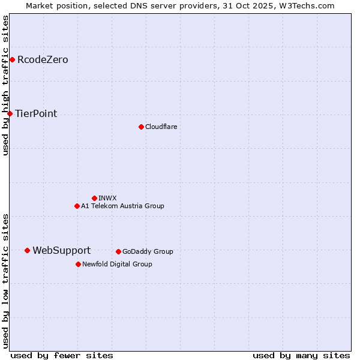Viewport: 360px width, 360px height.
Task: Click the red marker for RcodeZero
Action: pyautogui.click(x=12, y=59)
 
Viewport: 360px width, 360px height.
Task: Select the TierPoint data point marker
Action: pyautogui.click(x=10, y=113)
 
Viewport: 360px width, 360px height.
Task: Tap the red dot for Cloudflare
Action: pyautogui.click(x=141, y=127)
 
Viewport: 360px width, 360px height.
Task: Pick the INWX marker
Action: pyautogui.click(x=94, y=198)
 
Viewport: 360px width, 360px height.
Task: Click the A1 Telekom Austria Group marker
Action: pyautogui.click(x=77, y=206)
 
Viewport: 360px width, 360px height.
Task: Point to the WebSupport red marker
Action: pyautogui.click(x=27, y=250)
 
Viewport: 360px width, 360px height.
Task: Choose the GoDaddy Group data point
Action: pyautogui.click(x=118, y=251)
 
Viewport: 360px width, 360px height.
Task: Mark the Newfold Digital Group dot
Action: pyautogui.click(x=78, y=264)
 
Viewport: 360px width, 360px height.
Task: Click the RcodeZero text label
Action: pyautogui.click(x=43, y=59)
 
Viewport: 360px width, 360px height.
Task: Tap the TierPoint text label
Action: pyautogui.click(x=36, y=113)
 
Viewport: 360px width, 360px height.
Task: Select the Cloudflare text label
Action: pyautogui.click(x=161, y=127)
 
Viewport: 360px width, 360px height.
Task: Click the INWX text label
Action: pyautogui.click(x=107, y=198)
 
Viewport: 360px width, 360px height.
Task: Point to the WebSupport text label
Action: pyautogui.click(x=61, y=250)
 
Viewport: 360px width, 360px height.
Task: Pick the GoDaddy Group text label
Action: pyautogui.click(x=148, y=251)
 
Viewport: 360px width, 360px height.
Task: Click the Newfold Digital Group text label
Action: pyautogui.click(x=117, y=264)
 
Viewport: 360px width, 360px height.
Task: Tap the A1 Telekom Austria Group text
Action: pyautogui.click(x=122, y=206)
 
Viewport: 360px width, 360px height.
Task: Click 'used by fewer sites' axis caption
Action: pyautogui.click(x=62, y=355)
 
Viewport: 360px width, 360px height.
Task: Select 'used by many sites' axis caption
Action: pyautogui.click(x=301, y=355)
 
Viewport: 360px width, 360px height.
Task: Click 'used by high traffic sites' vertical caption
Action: pyautogui.click(x=5, y=85)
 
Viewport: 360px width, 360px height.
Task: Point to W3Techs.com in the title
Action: pyautogui.click(x=304, y=5)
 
